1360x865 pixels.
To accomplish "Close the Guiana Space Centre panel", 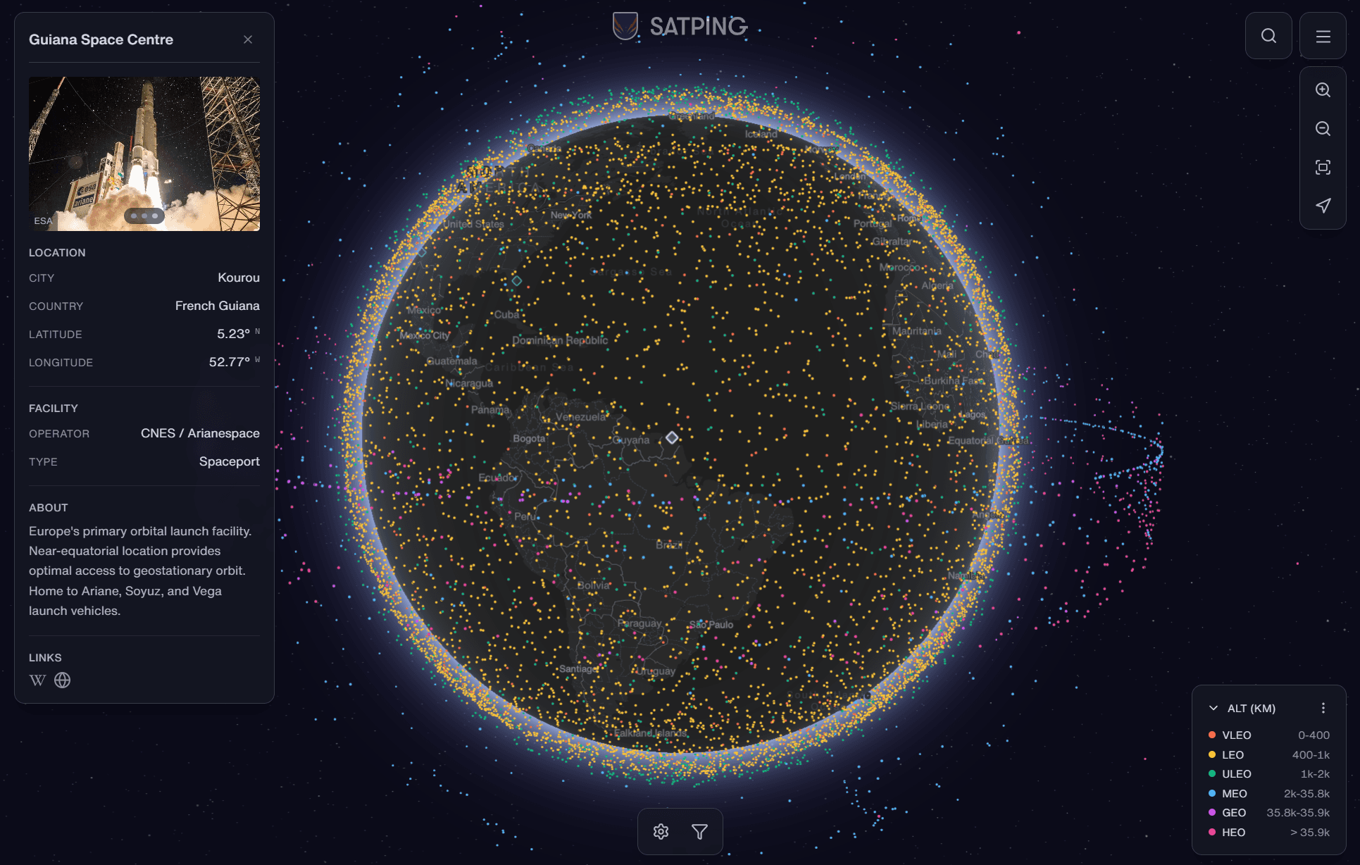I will point(248,39).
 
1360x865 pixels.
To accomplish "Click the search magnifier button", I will point(1268,36).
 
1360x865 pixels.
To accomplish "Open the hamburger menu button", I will point(1323,36).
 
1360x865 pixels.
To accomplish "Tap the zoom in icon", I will point(1323,90).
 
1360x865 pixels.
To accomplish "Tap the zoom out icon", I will point(1323,129).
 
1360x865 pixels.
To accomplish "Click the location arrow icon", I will point(1323,206).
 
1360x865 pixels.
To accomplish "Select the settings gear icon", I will point(661,832).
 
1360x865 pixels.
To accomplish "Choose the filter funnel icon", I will point(699,832).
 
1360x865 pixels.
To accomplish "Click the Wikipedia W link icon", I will point(37,680).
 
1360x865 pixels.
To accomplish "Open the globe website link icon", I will point(63,680).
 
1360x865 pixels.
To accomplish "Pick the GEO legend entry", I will point(1234,813).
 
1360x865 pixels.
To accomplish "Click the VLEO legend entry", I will point(1236,735).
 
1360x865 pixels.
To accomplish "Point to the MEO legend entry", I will point(1234,794).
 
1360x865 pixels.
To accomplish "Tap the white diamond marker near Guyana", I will point(672,437).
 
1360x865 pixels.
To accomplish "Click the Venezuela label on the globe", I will point(580,417).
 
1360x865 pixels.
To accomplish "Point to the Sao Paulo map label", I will point(711,625).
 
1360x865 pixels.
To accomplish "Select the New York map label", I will point(571,215).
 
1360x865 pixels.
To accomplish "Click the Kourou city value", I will point(238,278).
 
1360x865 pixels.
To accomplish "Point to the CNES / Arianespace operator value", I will point(200,433).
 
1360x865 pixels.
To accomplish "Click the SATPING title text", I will point(698,27).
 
